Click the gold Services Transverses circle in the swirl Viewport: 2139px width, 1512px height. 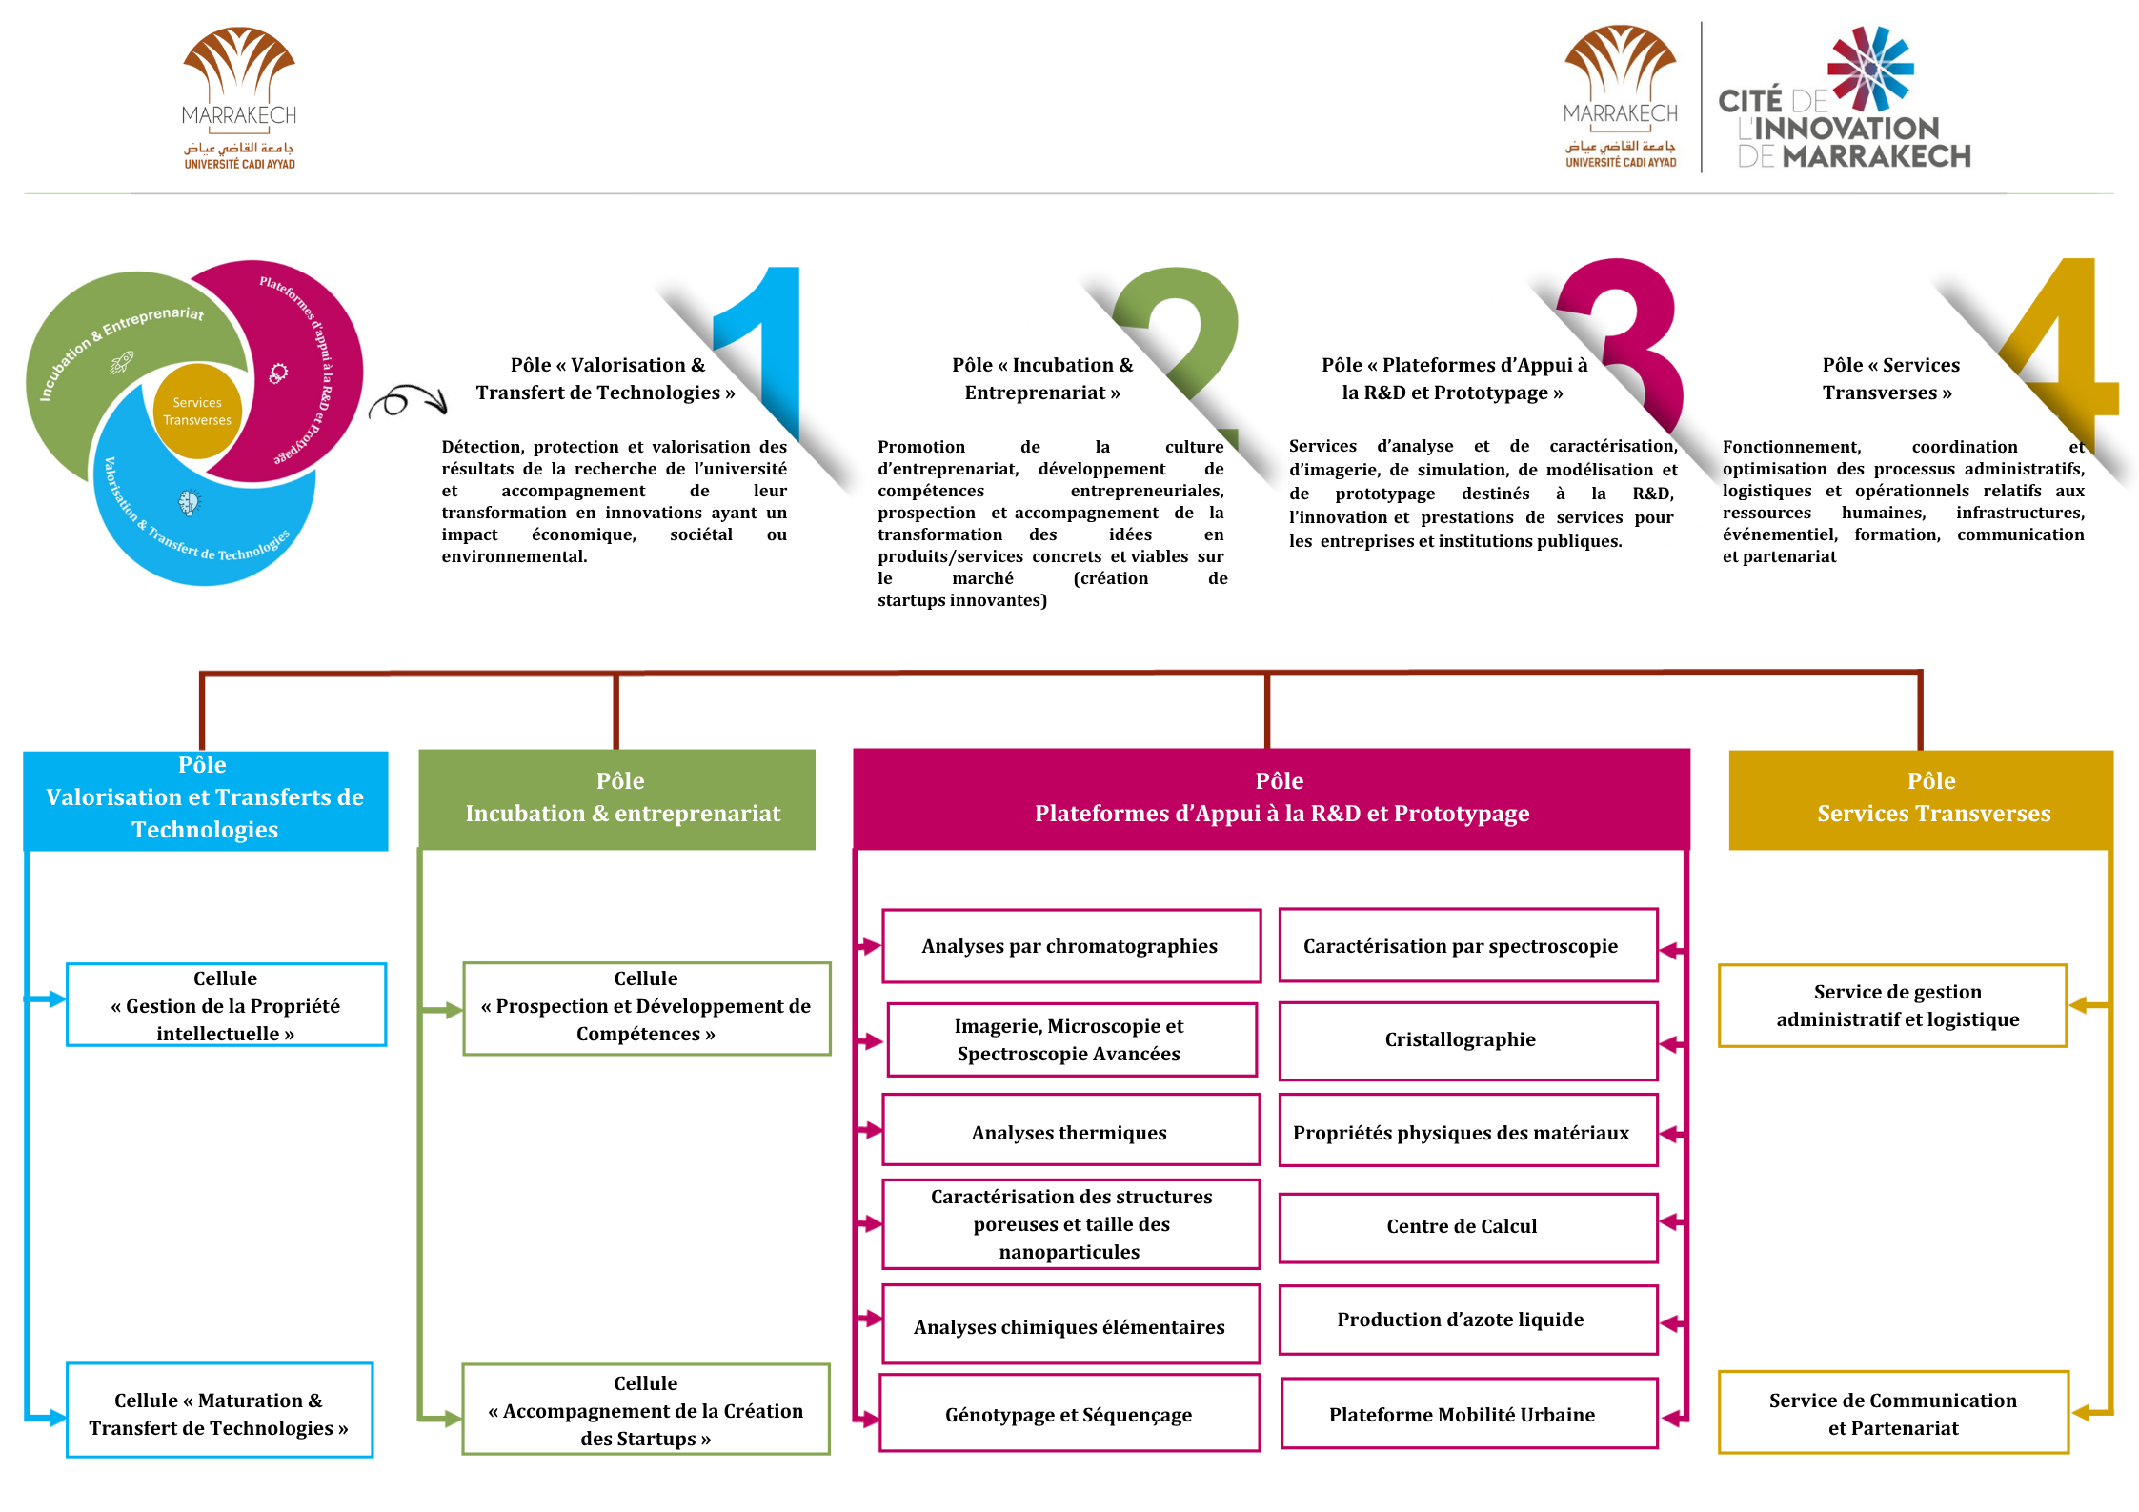197,412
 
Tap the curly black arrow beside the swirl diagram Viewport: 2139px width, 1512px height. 408,401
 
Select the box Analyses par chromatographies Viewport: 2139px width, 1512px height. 1071,946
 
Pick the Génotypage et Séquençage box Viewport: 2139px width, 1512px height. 1069,1415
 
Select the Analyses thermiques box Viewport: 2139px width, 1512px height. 1071,1132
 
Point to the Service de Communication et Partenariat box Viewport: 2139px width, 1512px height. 1892,1414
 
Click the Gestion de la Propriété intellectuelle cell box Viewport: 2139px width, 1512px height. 226,1005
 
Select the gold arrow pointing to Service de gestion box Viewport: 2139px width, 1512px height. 2087,1005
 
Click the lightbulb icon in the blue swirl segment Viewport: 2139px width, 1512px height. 190,502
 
